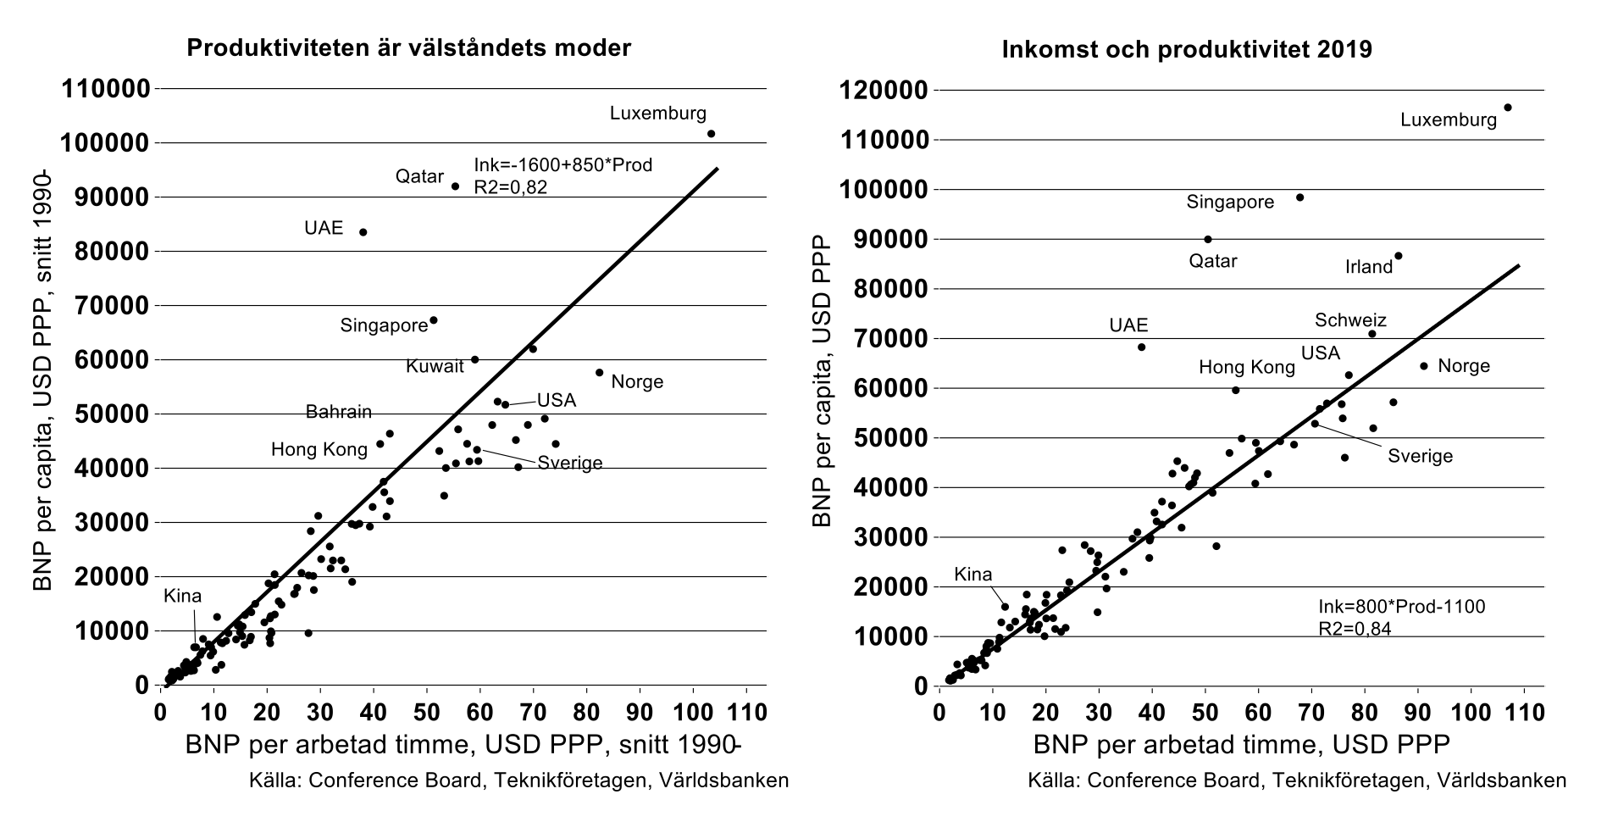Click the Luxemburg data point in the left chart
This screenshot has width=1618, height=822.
pos(711,134)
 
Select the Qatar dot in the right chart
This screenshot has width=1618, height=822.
pos(1208,239)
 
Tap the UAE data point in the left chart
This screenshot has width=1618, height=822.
pos(363,232)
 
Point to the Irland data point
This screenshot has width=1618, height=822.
pos(1399,256)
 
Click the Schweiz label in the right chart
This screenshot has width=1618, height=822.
pos(1350,320)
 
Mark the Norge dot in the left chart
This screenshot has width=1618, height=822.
pos(600,372)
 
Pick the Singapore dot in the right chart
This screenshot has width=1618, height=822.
pos(1300,197)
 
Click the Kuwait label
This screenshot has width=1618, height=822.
pos(435,366)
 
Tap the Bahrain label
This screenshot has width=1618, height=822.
pos(338,412)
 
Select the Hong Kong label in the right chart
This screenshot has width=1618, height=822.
pos(1246,367)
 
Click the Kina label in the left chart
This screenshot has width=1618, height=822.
pos(183,596)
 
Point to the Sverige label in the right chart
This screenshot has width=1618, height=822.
pos(1420,456)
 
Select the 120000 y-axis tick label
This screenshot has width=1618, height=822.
pos(884,91)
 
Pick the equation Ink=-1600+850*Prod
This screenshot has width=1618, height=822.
pos(563,165)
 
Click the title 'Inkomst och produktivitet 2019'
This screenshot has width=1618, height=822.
pos(1187,49)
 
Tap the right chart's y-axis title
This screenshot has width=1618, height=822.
pos(821,381)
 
